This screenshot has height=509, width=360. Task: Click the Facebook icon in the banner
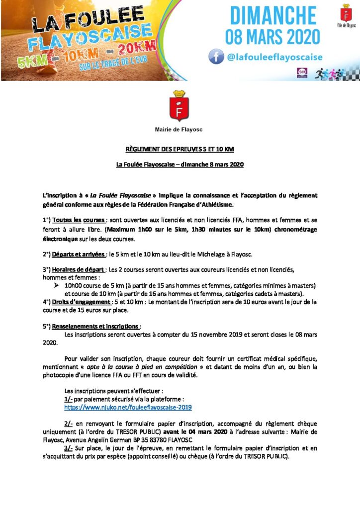(216, 57)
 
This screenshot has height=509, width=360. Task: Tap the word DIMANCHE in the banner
(273, 15)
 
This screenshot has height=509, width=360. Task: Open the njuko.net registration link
(128, 407)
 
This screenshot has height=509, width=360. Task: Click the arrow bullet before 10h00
(56, 286)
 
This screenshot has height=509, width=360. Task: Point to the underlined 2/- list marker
(69, 423)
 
